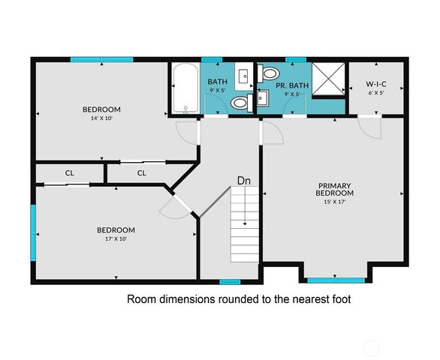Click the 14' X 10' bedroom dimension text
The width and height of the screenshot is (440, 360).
101,118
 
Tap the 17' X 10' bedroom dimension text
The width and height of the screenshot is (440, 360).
116,239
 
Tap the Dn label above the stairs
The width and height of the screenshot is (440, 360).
244,181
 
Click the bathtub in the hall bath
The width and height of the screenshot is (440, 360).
185,89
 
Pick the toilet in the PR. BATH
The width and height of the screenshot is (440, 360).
269,73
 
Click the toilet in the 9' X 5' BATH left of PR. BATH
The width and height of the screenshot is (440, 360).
240,103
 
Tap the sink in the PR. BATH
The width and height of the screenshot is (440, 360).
262,97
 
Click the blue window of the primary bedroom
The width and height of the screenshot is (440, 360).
333,280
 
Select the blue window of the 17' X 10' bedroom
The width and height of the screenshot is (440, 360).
33,229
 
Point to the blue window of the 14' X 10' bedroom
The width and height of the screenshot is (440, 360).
101,59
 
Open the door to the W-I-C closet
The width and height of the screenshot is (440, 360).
369,126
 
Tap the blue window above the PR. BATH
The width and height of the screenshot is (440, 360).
296,58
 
